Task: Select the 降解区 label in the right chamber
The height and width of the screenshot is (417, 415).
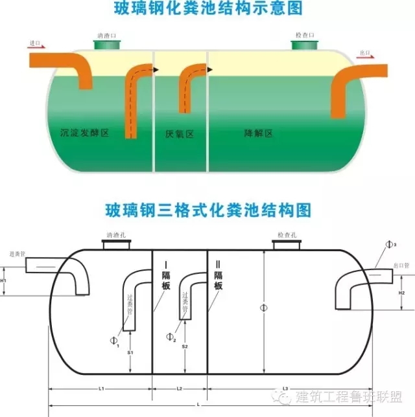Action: [x=258, y=133]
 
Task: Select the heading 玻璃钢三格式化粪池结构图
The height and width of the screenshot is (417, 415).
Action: [x=208, y=210]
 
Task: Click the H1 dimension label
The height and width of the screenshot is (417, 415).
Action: [x=5, y=280]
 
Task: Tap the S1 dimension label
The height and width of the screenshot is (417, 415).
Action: [x=131, y=352]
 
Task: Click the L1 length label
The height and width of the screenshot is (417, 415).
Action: [x=102, y=389]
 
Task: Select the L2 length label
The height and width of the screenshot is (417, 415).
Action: [x=180, y=389]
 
